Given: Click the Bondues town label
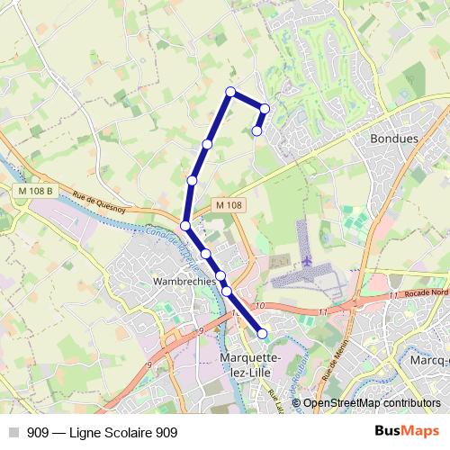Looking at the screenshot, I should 394,140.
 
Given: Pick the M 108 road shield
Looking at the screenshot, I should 229,205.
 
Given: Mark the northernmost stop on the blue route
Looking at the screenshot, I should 230,92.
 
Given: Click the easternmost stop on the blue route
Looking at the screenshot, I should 265,109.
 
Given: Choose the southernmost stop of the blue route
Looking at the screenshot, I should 263,334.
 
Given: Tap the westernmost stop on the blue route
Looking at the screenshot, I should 184,226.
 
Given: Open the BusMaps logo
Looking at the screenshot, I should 407,432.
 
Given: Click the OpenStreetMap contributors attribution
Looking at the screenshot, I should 371,404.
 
